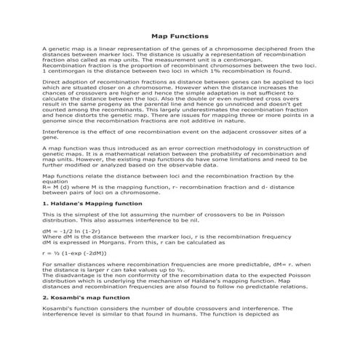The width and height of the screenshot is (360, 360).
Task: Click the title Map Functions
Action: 180,35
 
